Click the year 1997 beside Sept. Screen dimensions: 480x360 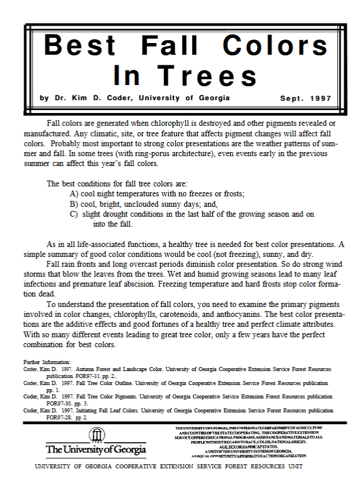tap(321, 98)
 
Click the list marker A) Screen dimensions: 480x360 tap(74, 193)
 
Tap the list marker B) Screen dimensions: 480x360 tap(74, 204)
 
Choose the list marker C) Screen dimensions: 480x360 tap(74, 214)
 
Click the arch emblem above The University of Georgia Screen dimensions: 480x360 tap(96, 435)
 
